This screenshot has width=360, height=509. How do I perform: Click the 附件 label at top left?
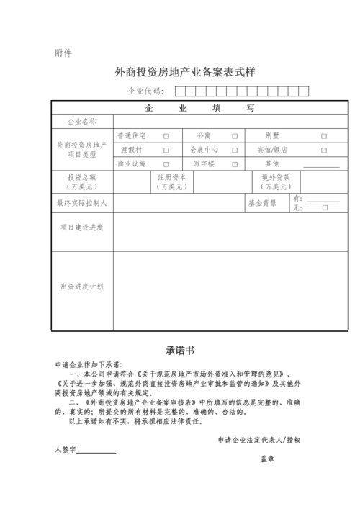(x=63, y=53)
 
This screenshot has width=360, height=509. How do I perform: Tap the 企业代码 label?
(x=145, y=91)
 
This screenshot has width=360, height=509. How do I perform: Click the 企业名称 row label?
(x=81, y=122)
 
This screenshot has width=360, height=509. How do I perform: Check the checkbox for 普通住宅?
(x=166, y=135)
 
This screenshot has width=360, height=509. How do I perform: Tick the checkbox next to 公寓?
(x=234, y=135)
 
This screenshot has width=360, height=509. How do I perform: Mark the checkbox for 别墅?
(x=324, y=135)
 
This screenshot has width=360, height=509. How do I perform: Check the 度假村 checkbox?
(x=166, y=150)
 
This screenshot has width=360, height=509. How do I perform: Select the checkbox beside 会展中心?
(x=234, y=150)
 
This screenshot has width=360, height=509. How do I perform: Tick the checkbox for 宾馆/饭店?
(x=324, y=150)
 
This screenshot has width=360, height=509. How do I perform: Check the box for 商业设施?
(x=166, y=164)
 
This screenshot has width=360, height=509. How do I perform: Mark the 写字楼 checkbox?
(x=234, y=164)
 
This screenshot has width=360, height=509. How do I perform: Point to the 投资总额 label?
(x=81, y=177)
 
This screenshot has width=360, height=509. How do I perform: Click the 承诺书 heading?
(x=180, y=351)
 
